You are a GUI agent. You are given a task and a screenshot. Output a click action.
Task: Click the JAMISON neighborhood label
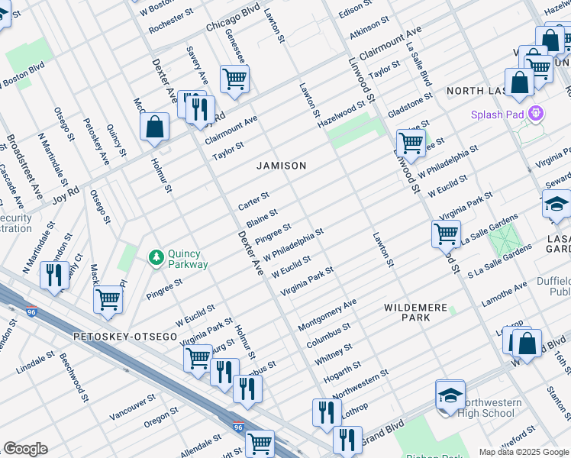click(281, 166)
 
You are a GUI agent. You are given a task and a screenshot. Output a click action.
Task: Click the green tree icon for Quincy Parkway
click(156, 257)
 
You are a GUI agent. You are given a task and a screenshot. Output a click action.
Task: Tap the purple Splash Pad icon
click(537, 114)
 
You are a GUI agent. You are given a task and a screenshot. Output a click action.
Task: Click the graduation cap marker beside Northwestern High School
click(450, 395)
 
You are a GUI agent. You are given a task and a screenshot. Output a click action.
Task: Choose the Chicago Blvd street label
click(233, 22)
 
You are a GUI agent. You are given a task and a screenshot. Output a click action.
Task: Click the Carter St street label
click(253, 202)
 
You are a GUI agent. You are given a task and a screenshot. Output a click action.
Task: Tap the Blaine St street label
click(261, 217)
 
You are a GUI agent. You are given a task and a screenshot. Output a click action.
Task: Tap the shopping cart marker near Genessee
click(234, 79)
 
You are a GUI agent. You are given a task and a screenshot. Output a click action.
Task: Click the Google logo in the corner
click(25, 449)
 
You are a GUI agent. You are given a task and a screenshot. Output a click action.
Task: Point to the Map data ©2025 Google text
click(523, 451)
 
